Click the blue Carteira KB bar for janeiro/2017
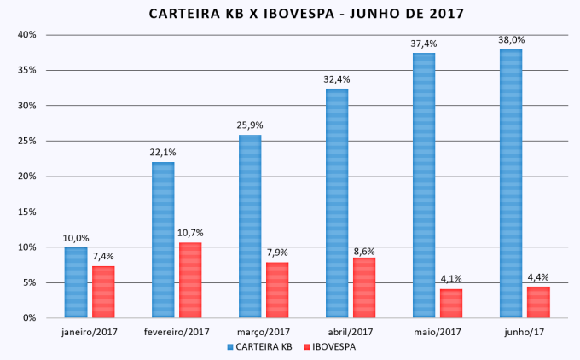[x=76, y=282]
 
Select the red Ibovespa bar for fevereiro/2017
[x=190, y=280]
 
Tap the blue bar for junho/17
[x=511, y=183]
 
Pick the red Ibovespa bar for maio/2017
[x=450, y=304]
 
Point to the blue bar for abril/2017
[x=337, y=203]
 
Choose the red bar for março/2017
[x=277, y=290]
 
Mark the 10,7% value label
[x=190, y=233]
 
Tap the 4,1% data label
[x=451, y=280]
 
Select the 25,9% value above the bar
[x=249, y=125]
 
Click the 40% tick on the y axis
[x=26, y=35]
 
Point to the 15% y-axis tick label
[x=26, y=212]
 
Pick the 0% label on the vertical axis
[x=28, y=318]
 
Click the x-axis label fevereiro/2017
[x=177, y=332]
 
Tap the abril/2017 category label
[x=351, y=332]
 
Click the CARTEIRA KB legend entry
[x=261, y=347]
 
